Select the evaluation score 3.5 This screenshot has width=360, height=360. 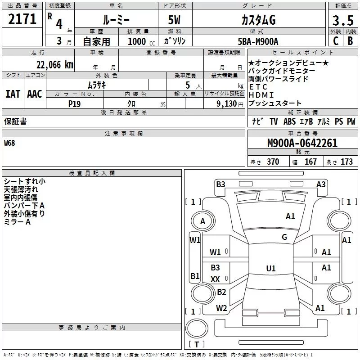(x=343, y=20)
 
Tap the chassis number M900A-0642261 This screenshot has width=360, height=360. (x=302, y=144)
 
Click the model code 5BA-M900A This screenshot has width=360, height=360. (x=258, y=41)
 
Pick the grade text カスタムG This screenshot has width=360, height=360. (x=258, y=20)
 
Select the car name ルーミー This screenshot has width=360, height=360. (x=116, y=21)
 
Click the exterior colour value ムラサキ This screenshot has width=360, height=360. (x=97, y=85)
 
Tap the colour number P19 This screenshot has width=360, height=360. (x=75, y=103)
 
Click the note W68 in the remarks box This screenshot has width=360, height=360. (x=9, y=143)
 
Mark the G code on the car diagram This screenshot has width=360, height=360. (x=284, y=237)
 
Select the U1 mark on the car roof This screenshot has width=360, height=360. (x=270, y=269)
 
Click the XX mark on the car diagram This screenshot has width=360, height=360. (x=216, y=279)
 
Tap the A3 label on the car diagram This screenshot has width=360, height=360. (x=321, y=184)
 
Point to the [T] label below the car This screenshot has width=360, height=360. (x=196, y=345)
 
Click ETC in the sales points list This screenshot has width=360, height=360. (x=258, y=87)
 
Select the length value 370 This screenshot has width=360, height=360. (x=273, y=162)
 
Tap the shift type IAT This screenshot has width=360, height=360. (x=13, y=94)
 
